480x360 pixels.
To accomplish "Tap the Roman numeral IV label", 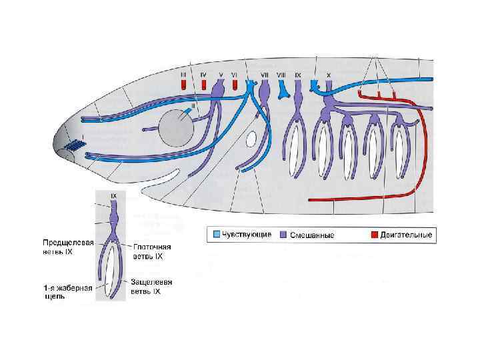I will point(203,75).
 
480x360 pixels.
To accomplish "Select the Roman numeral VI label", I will point(235,75).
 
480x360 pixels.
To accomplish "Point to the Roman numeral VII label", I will point(265,75).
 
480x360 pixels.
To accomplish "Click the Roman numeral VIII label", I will point(281,75).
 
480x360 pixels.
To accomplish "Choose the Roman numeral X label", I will point(328,75).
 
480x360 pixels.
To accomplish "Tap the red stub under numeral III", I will point(183,85).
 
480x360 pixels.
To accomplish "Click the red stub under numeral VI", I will point(235,85).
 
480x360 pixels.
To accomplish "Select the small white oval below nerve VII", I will point(252,139).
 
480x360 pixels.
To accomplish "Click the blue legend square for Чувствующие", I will point(216,235).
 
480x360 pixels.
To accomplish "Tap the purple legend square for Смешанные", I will point(283,235).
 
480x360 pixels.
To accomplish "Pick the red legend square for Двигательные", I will point(375,235).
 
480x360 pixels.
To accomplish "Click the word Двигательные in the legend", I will point(407,235).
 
